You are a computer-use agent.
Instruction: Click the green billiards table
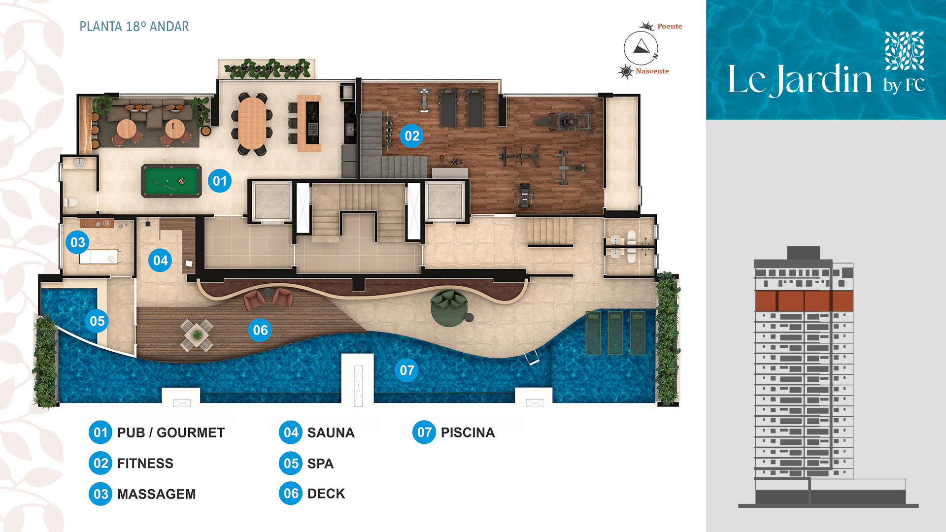tap(171, 181)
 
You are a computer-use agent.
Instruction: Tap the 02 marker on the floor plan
tap(412, 135)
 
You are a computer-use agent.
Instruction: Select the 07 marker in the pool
tap(407, 370)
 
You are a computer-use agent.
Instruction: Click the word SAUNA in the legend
tap(331, 432)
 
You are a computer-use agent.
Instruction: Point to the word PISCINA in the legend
tap(468, 432)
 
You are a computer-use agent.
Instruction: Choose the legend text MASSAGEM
tap(157, 494)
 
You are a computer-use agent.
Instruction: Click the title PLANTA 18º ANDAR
tap(135, 27)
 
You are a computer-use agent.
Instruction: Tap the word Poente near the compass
tap(670, 26)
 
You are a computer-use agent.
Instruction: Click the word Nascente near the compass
tap(652, 71)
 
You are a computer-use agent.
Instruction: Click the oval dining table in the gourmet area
tap(252, 123)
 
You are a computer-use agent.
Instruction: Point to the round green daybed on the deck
tap(449, 308)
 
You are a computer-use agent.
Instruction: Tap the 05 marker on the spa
tap(97, 321)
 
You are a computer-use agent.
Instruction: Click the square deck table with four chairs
tap(197, 335)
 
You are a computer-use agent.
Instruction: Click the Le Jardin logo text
tap(800, 79)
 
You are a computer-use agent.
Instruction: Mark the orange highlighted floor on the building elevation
tap(804, 301)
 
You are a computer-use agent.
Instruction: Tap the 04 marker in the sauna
tap(160, 260)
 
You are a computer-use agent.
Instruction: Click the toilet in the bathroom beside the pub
tap(71, 202)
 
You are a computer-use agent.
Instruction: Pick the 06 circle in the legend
tap(291, 494)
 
